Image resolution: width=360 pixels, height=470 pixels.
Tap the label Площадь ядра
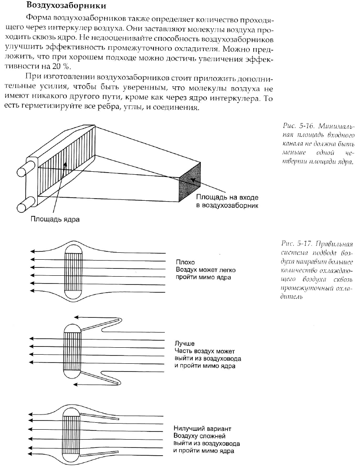pyautogui.click(x=54, y=219)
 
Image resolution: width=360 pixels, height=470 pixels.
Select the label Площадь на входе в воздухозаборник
pyautogui.click(x=227, y=201)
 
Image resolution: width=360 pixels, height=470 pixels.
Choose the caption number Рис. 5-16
pyautogui.click(x=295, y=126)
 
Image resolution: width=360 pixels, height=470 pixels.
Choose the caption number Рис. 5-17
pyautogui.click(x=295, y=243)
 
